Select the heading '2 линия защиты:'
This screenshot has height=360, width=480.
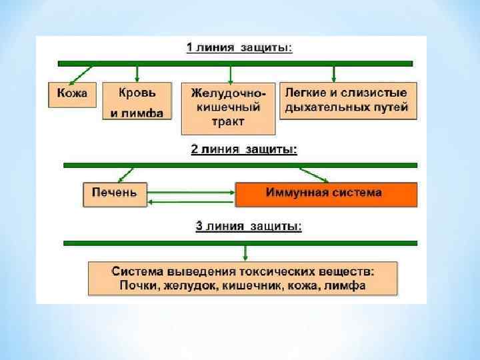[244, 149]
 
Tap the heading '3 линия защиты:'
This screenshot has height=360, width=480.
[248, 227]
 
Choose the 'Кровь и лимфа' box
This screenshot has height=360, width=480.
[137, 101]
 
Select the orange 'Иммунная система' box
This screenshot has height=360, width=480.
[325, 193]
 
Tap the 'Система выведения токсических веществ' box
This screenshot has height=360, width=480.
[243, 279]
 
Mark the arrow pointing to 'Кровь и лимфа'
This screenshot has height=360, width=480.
[137, 73]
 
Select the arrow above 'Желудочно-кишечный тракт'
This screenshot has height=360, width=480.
[229, 73]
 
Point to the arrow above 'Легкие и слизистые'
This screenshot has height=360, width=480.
[334, 72]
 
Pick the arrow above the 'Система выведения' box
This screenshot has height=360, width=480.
[246, 253]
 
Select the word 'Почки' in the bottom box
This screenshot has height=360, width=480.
[138, 286]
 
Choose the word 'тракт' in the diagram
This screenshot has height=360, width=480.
[227, 122]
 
